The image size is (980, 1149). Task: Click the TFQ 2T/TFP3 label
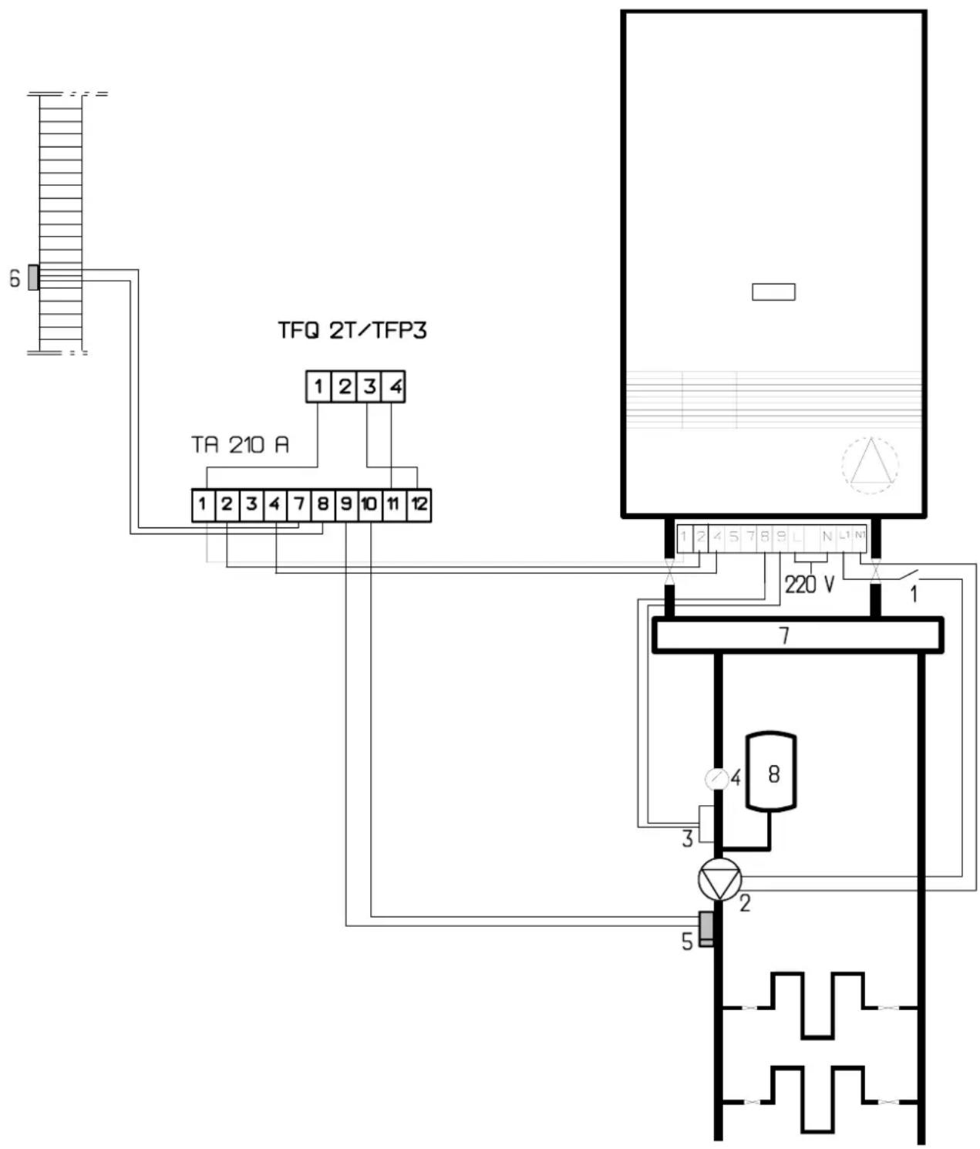[352, 331]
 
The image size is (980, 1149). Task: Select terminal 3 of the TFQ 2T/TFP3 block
[369, 386]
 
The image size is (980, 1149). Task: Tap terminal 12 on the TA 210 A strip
[419, 505]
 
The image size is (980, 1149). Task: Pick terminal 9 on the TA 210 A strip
[345, 505]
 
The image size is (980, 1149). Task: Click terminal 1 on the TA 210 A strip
[202, 505]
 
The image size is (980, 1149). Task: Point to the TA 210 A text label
[240, 445]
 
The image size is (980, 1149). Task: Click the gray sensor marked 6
[33, 278]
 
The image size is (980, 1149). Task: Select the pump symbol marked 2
[719, 880]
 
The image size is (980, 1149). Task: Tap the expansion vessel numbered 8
[771, 772]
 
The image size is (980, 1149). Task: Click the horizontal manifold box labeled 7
[797, 635]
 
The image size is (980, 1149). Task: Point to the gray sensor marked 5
[706, 928]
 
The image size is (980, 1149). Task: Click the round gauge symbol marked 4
[716, 779]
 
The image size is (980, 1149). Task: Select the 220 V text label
[810, 585]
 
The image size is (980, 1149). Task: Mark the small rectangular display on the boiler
[773, 292]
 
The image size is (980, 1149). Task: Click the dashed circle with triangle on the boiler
[870, 465]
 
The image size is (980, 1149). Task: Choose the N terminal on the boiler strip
[827, 537]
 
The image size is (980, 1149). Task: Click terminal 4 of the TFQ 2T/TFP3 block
[395, 386]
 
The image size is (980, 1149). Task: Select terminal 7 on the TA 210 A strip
[298, 505]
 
